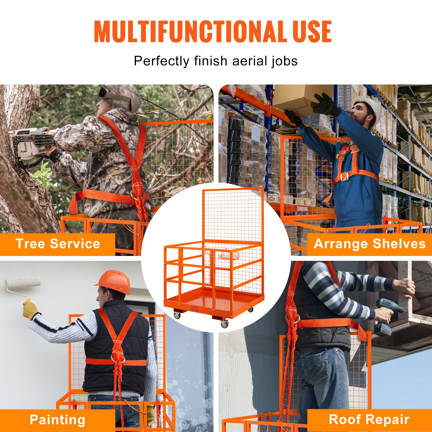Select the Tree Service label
pos(58,244)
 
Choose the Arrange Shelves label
pos(369,244)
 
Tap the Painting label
pos(58,420)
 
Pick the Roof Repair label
pos(369,420)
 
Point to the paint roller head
pos(23,283)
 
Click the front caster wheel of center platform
pos(224,324)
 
